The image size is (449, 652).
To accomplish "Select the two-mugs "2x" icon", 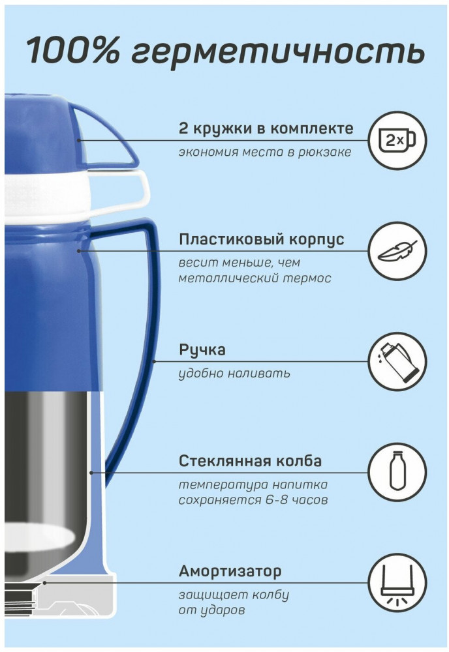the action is (397, 140).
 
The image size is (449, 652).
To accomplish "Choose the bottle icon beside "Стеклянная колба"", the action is (397, 472).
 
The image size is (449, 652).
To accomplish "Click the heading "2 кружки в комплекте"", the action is (266, 128).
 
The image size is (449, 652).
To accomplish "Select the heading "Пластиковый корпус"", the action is (261, 239).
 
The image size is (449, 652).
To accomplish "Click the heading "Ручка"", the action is (202, 349).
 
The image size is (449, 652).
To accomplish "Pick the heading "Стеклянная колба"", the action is (250, 461).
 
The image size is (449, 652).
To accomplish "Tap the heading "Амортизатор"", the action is (230, 571).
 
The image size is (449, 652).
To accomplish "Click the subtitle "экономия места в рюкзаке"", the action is (265, 152).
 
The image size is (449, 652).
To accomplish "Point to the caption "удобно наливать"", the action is (234, 374).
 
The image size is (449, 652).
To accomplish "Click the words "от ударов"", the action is (211, 610).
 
